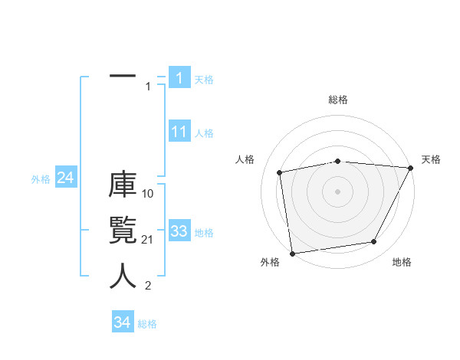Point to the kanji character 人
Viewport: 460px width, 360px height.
[123, 277]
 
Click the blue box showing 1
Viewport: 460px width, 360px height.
[179, 77]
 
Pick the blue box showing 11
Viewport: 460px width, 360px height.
[179, 132]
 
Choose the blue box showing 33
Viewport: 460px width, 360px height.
[179, 231]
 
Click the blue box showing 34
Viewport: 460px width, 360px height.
[122, 322]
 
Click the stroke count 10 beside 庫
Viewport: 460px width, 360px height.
[149, 194]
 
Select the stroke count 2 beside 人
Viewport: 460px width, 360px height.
[148, 286]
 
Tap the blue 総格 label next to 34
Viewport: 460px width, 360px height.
[147, 324]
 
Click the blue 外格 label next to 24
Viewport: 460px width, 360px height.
[41, 179]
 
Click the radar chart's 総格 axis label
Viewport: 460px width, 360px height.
[338, 100]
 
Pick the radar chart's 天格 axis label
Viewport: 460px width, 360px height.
[432, 159]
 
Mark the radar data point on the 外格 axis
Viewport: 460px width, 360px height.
[292, 253]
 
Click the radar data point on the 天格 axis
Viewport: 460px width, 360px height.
[411, 167]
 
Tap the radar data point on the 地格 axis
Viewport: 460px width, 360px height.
[374, 242]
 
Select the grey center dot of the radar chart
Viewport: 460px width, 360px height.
[338, 191]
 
